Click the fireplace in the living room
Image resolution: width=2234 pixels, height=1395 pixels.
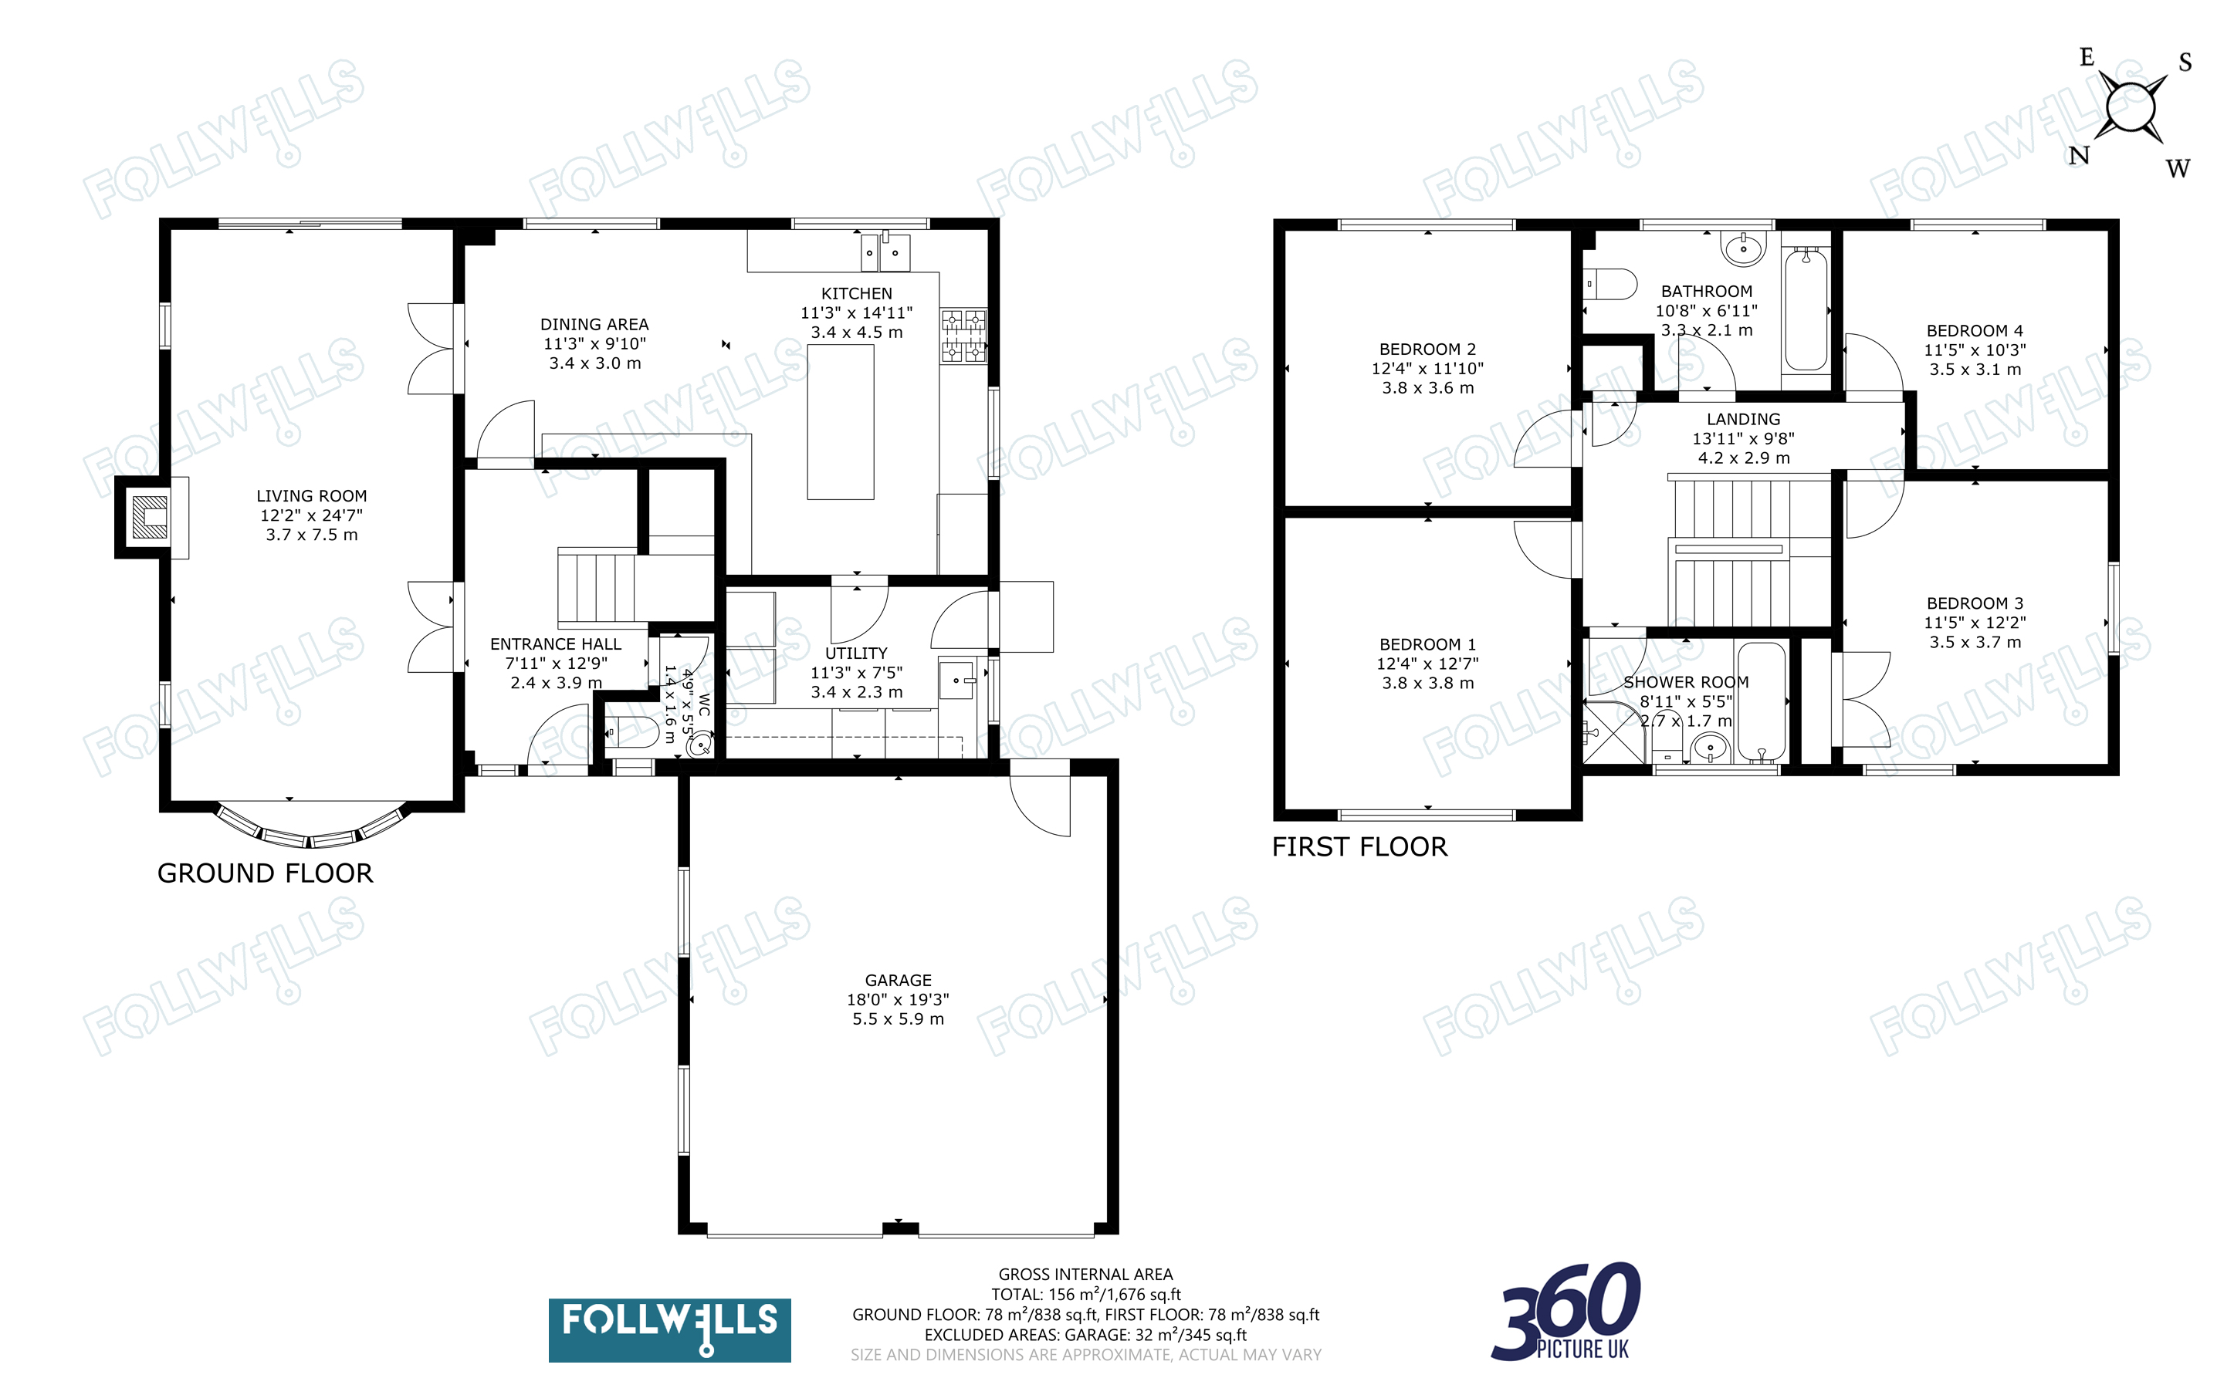148,517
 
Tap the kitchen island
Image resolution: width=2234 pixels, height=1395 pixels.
841,421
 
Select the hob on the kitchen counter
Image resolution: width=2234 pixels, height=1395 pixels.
964,336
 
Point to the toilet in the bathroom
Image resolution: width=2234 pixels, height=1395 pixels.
1609,284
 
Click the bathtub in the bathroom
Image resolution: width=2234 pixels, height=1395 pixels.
1806,309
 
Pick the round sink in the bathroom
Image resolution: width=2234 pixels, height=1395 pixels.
1743,246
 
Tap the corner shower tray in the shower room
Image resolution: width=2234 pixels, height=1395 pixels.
1614,731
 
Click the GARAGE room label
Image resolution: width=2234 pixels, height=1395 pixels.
898,980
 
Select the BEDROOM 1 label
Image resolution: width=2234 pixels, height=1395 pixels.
1427,644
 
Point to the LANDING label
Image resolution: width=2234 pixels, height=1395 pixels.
1743,419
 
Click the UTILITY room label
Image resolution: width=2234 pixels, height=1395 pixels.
856,652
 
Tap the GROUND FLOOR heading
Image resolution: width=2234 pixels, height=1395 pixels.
265,873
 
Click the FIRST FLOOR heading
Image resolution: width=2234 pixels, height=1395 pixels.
1359,846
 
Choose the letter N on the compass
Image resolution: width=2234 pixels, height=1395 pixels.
2079,155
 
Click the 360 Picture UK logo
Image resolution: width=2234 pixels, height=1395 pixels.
1566,1311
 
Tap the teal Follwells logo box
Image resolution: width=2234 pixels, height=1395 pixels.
669,1330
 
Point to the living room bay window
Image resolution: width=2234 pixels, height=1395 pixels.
311,828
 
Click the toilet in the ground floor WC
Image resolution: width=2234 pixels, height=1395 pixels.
633,731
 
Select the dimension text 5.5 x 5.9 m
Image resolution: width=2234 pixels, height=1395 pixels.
898,1018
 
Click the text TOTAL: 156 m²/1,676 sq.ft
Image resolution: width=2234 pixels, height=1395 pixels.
1086,1295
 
